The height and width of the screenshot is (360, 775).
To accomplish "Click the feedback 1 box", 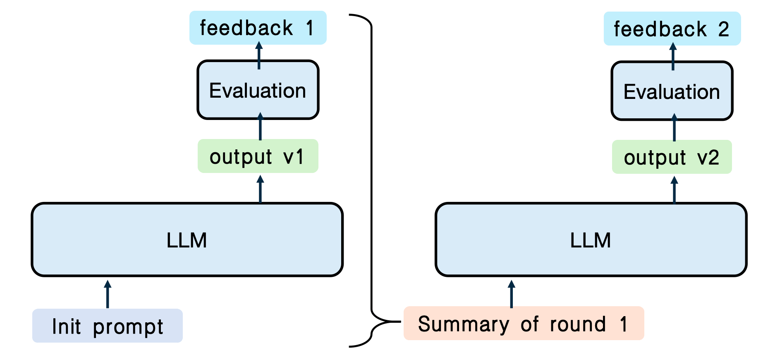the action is pyautogui.click(x=258, y=28).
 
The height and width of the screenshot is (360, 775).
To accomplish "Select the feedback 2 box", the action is pyautogui.click(x=672, y=29).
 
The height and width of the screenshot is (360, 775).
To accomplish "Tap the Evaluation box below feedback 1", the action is pyautogui.click(x=258, y=90).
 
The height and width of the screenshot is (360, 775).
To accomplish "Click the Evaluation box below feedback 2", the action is pyautogui.click(x=672, y=91).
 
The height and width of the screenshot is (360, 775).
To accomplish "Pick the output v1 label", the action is pyautogui.click(x=258, y=156).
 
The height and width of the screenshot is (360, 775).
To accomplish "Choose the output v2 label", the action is pyautogui.click(x=672, y=157).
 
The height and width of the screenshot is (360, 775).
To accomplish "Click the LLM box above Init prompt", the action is pyautogui.click(x=187, y=240).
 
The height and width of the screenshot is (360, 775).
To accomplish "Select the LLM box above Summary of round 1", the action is pyautogui.click(x=591, y=240).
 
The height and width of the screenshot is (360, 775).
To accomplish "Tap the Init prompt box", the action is pyautogui.click(x=108, y=326).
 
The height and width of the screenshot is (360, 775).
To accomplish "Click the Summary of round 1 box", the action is pyautogui.click(x=524, y=323).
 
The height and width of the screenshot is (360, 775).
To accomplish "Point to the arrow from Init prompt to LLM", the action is pyautogui.click(x=108, y=294).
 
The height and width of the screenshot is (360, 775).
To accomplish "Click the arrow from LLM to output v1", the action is pyautogui.click(x=260, y=189).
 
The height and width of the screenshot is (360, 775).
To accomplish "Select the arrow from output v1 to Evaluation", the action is pyautogui.click(x=260, y=126).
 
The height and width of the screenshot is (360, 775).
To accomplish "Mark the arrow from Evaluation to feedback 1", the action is pyautogui.click(x=259, y=55).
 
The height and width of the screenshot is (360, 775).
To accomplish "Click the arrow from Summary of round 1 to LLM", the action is pyautogui.click(x=512, y=294).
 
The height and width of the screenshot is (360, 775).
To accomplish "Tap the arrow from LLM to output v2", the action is pyautogui.click(x=675, y=190).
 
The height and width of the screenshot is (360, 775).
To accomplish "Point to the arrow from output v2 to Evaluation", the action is pyautogui.click(x=675, y=127).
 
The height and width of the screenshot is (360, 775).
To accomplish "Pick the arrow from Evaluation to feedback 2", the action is pyautogui.click(x=673, y=56).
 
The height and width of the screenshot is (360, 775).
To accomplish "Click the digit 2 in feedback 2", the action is pyautogui.click(x=723, y=29).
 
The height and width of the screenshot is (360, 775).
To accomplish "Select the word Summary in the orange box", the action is pyautogui.click(x=464, y=324).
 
